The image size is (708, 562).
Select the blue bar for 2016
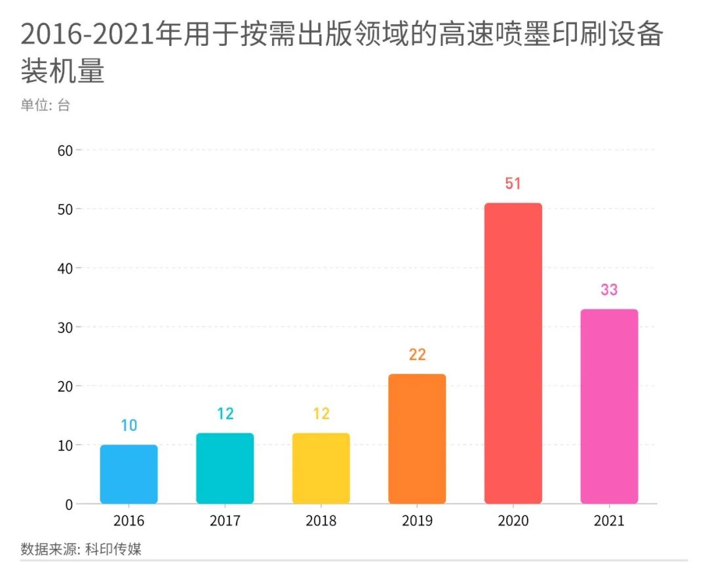point(128,475)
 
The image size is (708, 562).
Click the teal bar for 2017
point(225,468)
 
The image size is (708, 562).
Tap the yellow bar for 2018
point(321,468)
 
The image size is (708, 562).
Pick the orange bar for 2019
point(417,439)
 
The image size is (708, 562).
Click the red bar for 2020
point(513,353)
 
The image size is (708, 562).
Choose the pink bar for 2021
point(609,407)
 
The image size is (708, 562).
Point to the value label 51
point(513,184)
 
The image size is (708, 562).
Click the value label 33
point(609,290)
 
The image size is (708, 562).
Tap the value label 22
point(417,355)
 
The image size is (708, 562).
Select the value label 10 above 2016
point(128,426)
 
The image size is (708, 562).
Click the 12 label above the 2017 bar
point(225,414)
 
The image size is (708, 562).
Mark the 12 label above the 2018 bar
point(321,414)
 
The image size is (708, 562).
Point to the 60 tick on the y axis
point(65,150)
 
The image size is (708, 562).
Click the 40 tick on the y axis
point(65,268)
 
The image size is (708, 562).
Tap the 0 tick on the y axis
point(68,504)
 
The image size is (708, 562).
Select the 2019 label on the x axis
point(417,522)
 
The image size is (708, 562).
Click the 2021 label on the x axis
point(609,522)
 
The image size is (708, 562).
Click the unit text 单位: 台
point(45,105)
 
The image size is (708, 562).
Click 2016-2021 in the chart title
point(86,34)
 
